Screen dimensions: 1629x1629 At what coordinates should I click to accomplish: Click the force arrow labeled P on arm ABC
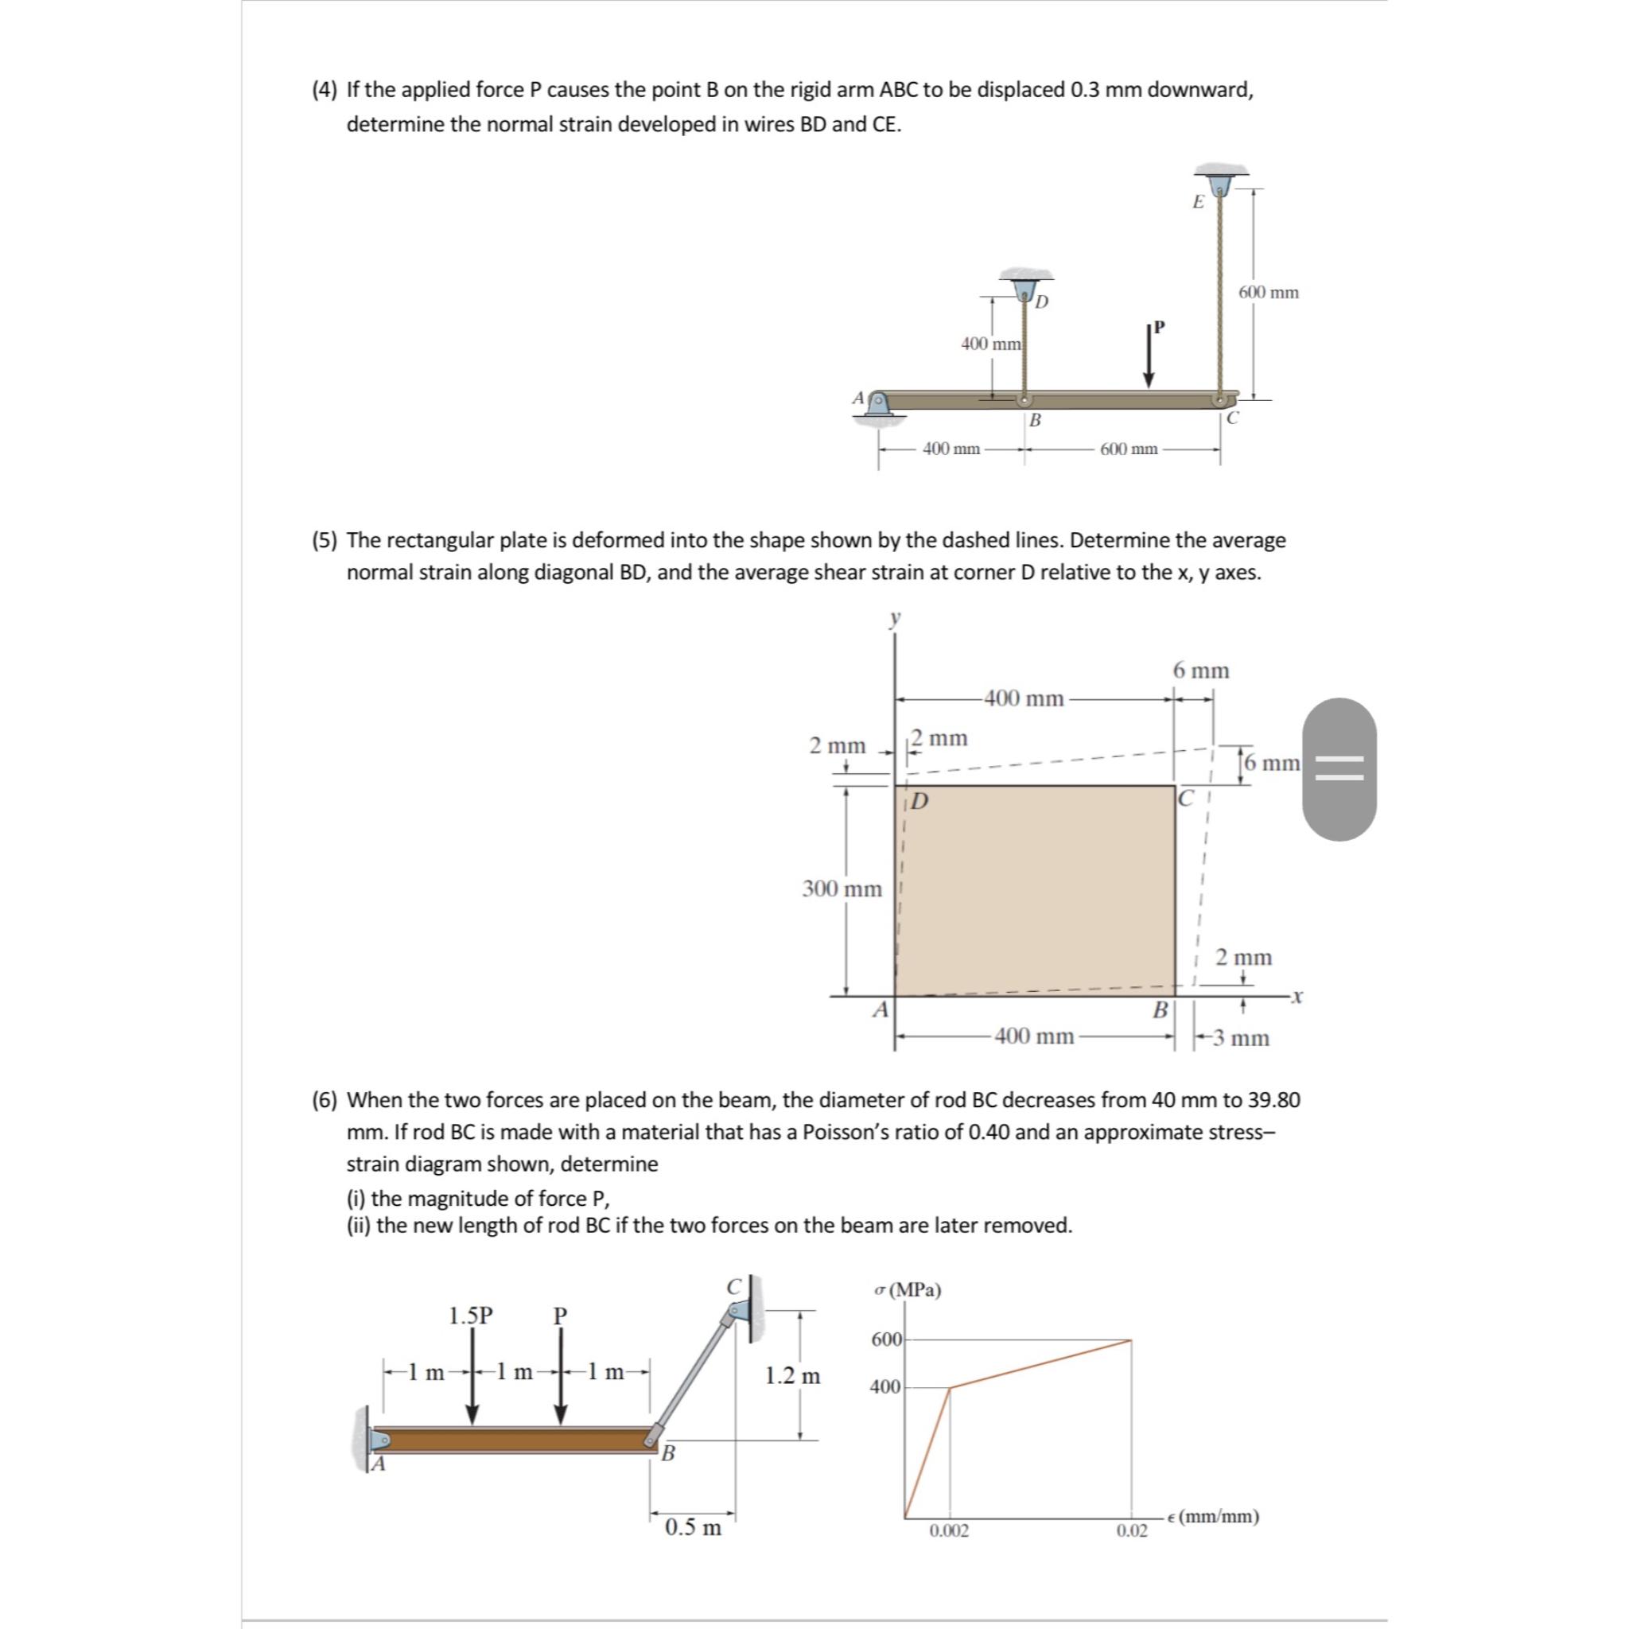1149,356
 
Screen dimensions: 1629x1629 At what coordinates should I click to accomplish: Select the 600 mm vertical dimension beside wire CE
1268,293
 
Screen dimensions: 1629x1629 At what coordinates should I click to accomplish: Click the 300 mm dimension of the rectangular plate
842,888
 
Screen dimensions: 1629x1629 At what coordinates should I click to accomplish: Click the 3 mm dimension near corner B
1241,1038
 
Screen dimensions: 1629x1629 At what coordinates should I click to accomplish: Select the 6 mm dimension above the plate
1200,671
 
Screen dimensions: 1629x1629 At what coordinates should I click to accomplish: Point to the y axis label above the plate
895,617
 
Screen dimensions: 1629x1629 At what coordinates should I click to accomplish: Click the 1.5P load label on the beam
471,1316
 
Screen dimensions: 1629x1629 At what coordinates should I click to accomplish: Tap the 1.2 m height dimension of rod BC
791,1376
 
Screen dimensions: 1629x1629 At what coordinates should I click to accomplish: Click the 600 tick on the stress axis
885,1339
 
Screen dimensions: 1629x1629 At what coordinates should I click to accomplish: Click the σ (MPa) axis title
908,1290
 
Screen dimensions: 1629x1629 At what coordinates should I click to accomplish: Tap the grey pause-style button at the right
1339,768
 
